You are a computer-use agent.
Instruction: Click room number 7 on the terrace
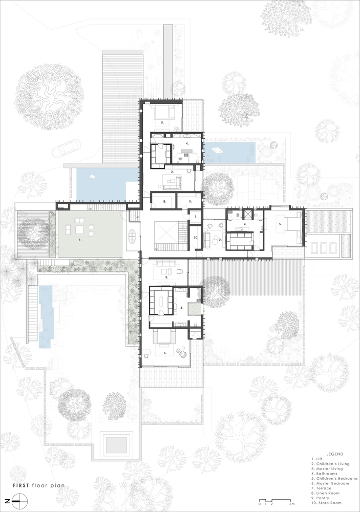pos(79,239)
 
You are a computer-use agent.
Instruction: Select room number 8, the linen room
pos(164,202)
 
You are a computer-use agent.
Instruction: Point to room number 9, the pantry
pos(189,202)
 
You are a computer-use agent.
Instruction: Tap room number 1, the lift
pos(195,218)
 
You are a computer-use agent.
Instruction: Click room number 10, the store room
pos(195,237)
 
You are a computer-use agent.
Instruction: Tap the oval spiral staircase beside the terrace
pos(132,237)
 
